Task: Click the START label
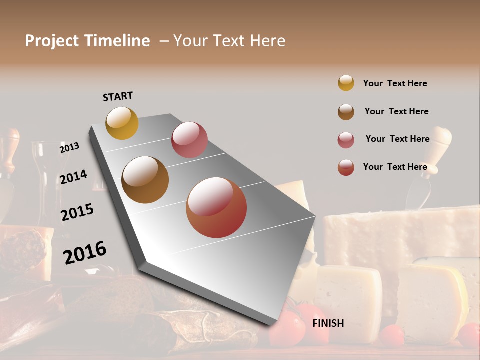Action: (x=118, y=96)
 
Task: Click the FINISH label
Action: (x=328, y=323)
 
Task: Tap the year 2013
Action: (x=69, y=148)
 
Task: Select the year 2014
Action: (x=73, y=177)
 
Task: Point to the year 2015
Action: (x=77, y=212)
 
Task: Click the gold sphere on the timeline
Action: (x=122, y=123)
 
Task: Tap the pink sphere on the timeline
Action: (x=189, y=139)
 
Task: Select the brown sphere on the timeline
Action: (x=145, y=180)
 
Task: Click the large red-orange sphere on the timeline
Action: (x=216, y=207)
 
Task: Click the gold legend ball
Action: (x=346, y=83)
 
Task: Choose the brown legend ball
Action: (x=346, y=112)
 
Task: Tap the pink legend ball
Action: (x=346, y=140)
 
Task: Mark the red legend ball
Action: (x=346, y=167)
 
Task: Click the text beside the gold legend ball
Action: (x=395, y=83)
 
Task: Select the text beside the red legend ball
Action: (x=395, y=167)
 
